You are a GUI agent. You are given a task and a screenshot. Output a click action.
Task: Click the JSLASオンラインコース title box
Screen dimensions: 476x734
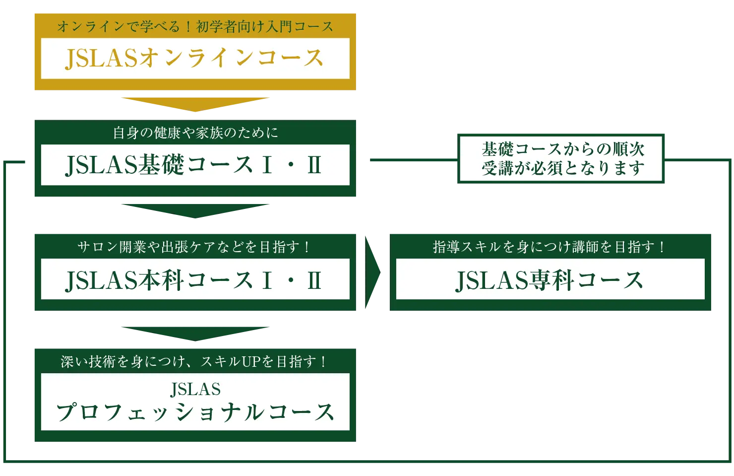click(x=195, y=58)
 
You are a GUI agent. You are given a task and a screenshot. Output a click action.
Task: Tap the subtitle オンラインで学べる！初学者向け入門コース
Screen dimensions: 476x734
click(x=195, y=26)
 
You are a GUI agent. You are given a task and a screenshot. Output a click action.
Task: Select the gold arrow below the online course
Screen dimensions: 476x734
click(x=196, y=104)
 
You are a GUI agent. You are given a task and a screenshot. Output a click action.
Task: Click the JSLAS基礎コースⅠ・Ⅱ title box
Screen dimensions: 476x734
click(x=195, y=165)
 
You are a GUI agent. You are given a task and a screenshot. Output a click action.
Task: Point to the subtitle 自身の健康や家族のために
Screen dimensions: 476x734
click(x=195, y=133)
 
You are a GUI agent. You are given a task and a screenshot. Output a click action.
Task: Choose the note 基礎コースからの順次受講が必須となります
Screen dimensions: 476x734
click(x=562, y=158)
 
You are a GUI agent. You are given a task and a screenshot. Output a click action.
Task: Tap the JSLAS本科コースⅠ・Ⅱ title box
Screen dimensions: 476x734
click(x=195, y=279)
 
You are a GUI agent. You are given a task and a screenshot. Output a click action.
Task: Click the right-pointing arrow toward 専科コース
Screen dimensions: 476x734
click(x=372, y=272)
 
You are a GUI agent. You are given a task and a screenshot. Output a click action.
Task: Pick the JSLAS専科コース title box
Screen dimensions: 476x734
click(x=550, y=279)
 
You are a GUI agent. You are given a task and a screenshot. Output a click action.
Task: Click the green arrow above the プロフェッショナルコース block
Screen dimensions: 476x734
click(x=196, y=334)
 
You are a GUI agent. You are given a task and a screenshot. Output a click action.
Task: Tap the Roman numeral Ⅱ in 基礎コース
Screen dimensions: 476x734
click(x=314, y=165)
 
